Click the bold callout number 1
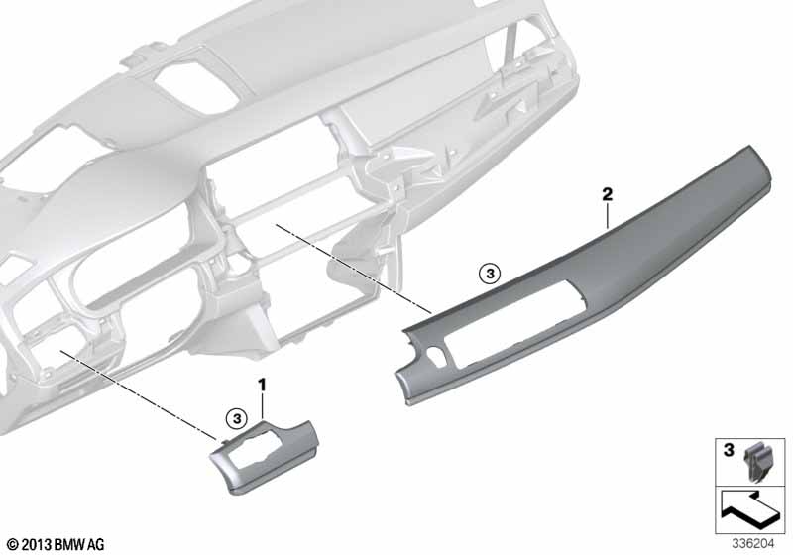click(x=262, y=386)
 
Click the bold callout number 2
click(x=607, y=194)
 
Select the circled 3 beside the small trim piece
click(x=237, y=418)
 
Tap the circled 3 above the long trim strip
click(x=489, y=274)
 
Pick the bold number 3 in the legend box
click(x=729, y=449)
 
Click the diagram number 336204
click(x=753, y=544)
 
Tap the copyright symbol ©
click(x=14, y=545)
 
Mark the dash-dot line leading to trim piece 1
click(x=137, y=391)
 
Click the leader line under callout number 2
click(x=607, y=216)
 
